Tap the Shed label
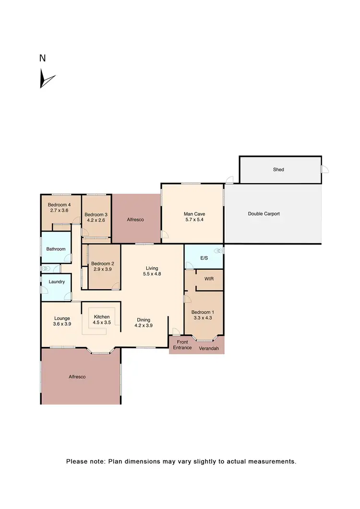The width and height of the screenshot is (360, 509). tap(278, 169)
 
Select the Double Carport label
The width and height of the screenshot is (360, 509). tap(264, 214)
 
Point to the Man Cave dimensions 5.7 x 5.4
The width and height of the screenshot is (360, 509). tap(191, 220)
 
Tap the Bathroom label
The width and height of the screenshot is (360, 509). tap(55, 249)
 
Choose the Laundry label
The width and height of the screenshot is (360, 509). tap(57, 282)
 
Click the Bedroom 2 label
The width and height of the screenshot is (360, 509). tap(103, 263)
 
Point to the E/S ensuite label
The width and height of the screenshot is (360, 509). tap(203, 258)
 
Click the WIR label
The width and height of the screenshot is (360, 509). tap(209, 279)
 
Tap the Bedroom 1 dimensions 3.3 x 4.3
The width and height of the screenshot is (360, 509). tap(203, 318)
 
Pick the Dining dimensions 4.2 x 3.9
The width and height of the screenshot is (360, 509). tap(143, 326)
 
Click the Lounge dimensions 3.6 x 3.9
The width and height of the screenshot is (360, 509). tap(62, 324)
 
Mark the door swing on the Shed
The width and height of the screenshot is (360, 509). tap(324, 169)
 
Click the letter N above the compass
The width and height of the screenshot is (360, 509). tap(42, 58)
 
